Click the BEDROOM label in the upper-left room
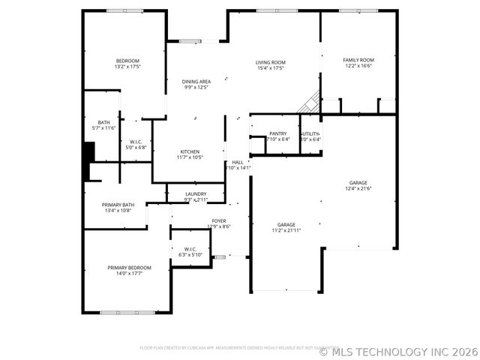(x=127, y=61)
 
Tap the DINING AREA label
(x=196, y=81)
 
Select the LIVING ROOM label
(x=270, y=63)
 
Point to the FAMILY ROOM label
(x=358, y=60)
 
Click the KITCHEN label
(x=189, y=151)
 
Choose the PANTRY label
(x=277, y=133)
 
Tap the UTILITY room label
(x=310, y=133)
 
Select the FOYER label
(x=218, y=221)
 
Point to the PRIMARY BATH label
(x=118, y=205)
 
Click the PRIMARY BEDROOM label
(x=129, y=268)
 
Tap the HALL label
(x=237, y=162)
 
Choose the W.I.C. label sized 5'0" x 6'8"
(x=136, y=142)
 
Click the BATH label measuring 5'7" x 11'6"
(x=104, y=122)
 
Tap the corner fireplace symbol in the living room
(x=310, y=103)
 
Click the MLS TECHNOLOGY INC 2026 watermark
(x=398, y=350)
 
